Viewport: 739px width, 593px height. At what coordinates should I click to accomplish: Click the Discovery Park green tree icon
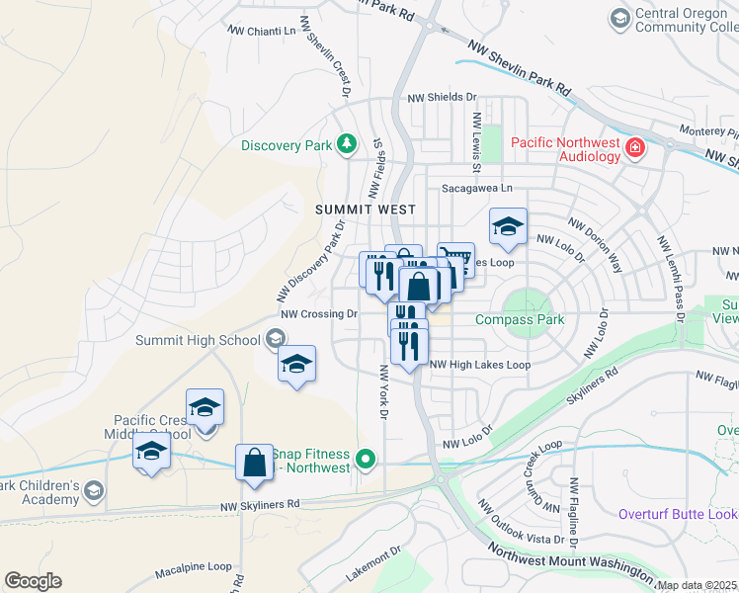point(346,145)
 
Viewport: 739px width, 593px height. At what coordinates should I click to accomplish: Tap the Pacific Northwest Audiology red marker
point(634,149)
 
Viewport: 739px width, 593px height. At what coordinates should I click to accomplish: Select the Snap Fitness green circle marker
point(367,458)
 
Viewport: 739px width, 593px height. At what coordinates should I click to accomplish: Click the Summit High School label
point(199,341)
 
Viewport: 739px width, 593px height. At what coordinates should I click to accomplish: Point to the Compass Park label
point(519,319)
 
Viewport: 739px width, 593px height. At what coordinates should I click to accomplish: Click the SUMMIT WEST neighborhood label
point(365,210)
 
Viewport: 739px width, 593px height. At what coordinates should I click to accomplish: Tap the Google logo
point(33,581)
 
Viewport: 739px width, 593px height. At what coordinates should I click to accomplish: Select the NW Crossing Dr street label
point(318,314)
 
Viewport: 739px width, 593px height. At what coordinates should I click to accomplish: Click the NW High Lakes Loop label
point(481,365)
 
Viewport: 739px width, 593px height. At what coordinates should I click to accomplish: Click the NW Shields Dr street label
point(442,98)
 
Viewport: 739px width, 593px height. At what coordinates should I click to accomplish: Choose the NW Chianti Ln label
point(262,31)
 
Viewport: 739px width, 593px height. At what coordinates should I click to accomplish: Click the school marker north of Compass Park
point(508,226)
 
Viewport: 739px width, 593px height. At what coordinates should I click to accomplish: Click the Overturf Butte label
point(678,514)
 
